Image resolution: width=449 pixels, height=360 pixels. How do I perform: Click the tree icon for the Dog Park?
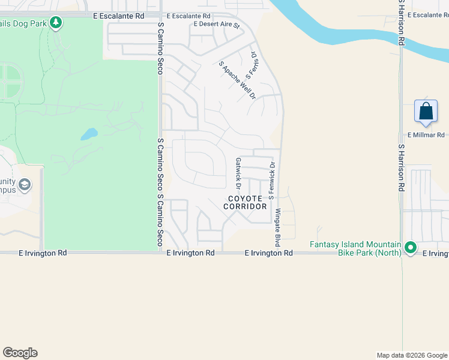coord(56,23)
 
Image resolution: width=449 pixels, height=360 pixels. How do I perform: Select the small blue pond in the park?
coord(88,133)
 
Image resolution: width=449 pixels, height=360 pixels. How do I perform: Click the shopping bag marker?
coord(426,112)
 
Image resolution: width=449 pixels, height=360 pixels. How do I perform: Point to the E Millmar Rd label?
coord(426,136)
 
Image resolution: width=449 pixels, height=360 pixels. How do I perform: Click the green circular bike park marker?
coord(411,247)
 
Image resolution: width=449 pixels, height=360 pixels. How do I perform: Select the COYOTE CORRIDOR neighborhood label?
coord(245,202)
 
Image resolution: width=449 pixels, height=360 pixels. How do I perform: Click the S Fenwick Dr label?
coord(272,180)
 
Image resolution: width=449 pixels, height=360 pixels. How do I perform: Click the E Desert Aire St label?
coord(216,25)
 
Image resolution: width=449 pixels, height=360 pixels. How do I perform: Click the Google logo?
coord(20,353)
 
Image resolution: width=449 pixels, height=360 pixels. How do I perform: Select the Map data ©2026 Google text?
coord(411,355)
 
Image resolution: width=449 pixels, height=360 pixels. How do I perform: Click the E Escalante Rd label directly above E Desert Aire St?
coord(188,16)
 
